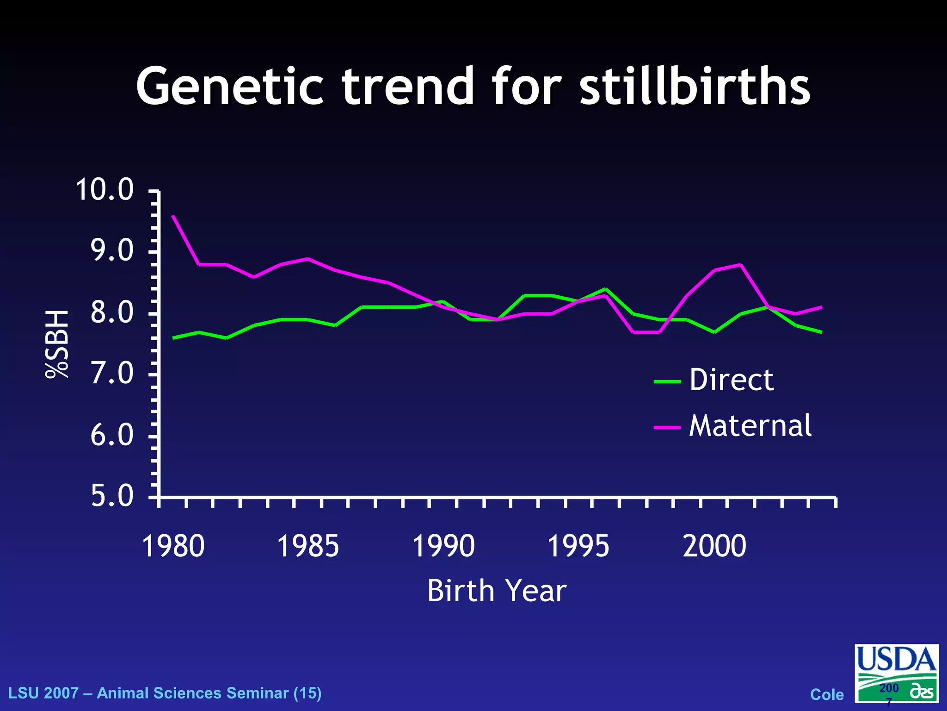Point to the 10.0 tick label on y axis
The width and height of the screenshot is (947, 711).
point(105,190)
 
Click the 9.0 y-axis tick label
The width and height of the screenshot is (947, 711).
point(112,251)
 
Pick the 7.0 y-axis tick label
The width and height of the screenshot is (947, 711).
point(112,374)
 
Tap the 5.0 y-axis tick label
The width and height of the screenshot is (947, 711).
point(112,496)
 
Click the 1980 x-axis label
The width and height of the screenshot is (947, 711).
point(173,546)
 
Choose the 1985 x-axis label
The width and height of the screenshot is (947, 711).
point(308,546)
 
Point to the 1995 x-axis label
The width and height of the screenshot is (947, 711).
point(578,546)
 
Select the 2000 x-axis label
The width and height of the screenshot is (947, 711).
point(714,546)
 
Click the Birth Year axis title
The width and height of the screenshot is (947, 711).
point(497,591)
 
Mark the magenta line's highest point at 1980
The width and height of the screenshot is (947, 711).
point(173,216)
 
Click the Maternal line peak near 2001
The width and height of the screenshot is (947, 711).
point(741,265)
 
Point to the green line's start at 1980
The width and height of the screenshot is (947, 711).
point(173,338)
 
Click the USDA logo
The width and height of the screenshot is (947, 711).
point(896,674)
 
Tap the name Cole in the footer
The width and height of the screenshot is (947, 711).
point(827,694)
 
